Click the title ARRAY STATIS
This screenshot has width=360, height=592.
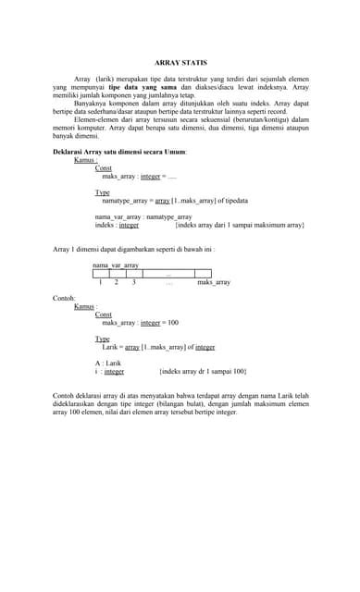point(180,59)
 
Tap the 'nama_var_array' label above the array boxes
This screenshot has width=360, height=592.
point(115,265)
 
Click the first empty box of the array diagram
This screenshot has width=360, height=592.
point(101,273)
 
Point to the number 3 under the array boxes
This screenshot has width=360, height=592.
point(134,282)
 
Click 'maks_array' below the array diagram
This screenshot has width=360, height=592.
point(214,282)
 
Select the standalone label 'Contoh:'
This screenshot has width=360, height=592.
point(63,299)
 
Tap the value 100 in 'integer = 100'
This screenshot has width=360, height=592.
point(172,322)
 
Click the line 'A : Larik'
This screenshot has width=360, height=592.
point(108,363)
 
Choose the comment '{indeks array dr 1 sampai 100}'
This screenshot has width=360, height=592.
point(203,371)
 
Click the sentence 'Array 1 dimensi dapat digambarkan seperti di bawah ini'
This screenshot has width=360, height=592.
point(134,249)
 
